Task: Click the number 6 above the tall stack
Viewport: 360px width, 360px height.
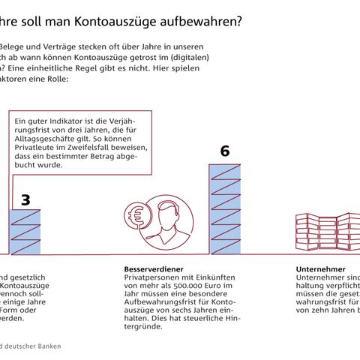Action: point(224,151)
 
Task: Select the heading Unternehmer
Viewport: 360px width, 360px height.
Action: point(317,268)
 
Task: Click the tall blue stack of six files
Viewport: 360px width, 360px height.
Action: point(224,202)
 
